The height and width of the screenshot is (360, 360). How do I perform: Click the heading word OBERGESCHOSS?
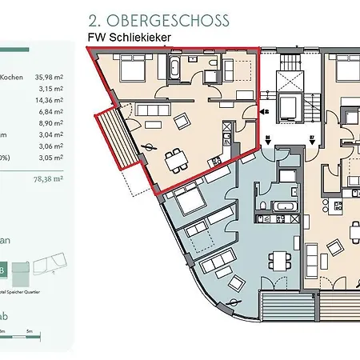tap(179, 20)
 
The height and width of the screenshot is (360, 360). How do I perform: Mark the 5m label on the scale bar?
tap(29, 331)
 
